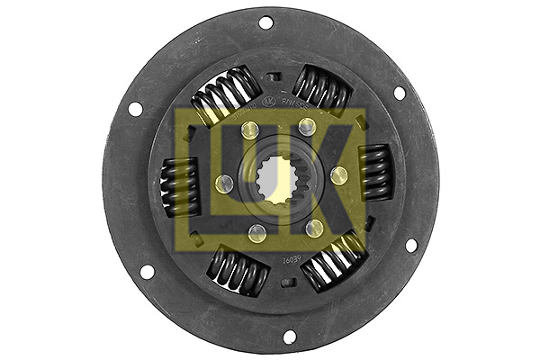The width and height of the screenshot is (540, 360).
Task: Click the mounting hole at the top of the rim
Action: coord(266,22)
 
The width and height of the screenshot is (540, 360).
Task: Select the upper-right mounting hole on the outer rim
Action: coord(399,92)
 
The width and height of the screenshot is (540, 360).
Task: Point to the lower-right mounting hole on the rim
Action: coord(411,245)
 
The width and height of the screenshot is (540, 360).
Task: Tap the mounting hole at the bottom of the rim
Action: coord(289,337)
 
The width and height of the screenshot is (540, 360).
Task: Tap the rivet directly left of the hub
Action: coord(224,184)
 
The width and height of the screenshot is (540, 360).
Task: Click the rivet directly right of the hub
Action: coord(338,175)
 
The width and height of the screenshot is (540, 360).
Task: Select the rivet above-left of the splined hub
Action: coord(249,131)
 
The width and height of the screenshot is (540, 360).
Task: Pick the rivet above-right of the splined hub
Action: coord(307,125)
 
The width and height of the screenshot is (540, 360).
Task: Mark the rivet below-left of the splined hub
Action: coord(256,234)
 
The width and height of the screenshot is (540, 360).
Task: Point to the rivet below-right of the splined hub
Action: coord(314,228)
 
